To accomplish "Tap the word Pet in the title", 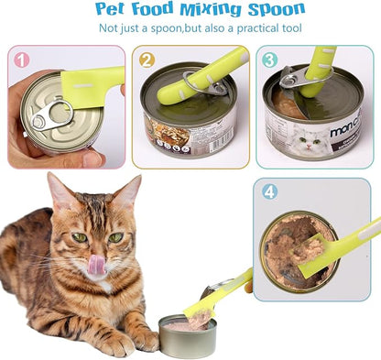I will tap(113, 10).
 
